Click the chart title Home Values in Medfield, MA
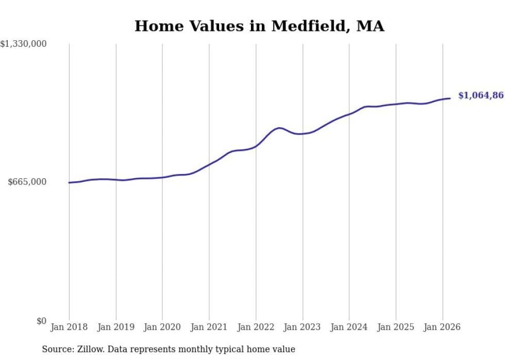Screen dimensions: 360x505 tap(259, 26)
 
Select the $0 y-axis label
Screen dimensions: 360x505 tap(41, 321)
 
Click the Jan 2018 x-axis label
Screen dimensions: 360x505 tap(69, 327)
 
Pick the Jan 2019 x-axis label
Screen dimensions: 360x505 tap(115, 327)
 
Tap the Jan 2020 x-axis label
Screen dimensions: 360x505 tap(162, 327)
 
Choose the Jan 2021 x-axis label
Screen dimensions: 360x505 tap(209, 327)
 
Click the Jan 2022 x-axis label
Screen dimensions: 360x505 tap(256, 327)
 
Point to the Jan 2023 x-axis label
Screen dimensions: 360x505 tap(302, 327)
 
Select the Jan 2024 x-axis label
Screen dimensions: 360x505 tap(349, 327)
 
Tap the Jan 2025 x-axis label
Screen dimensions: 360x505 tap(396, 327)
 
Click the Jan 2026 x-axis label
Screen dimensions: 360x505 tap(442, 327)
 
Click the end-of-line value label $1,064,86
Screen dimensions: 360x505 tap(481, 95)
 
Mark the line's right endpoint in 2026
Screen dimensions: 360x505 tap(450, 98)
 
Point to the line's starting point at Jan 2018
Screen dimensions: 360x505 tap(69, 182)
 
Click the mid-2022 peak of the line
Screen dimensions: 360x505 tap(279, 128)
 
